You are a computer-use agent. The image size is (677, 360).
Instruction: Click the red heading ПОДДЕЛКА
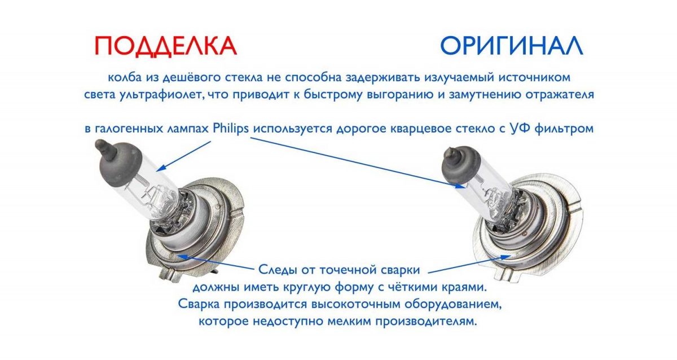[x=166, y=46]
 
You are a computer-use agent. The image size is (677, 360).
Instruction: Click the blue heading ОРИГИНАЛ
[x=511, y=46]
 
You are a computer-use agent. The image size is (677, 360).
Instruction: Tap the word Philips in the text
[x=231, y=129]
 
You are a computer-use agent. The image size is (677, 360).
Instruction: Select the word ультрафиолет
[x=160, y=95]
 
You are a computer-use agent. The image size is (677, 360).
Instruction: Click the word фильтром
[x=564, y=129]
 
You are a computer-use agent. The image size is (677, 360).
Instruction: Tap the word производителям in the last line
[x=426, y=321]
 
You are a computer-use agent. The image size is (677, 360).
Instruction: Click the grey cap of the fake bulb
[x=120, y=164]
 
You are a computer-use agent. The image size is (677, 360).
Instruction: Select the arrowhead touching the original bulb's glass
[x=460, y=186]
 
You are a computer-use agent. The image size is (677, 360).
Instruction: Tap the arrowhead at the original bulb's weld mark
[x=505, y=257]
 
